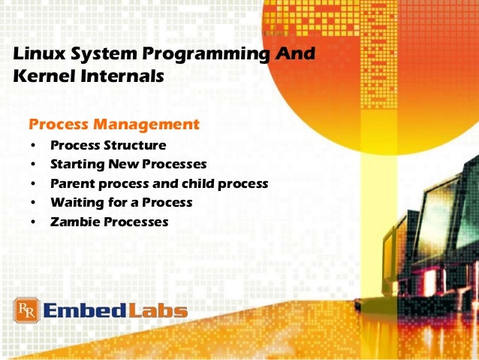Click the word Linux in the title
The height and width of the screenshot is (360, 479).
click(x=37, y=55)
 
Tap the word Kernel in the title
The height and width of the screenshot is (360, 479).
click(x=41, y=77)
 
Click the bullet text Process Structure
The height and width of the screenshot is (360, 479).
click(x=108, y=144)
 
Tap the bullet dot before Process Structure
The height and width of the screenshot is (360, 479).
click(x=33, y=145)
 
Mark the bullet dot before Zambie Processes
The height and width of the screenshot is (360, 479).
click(x=33, y=223)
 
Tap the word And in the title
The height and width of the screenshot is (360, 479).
click(x=294, y=55)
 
